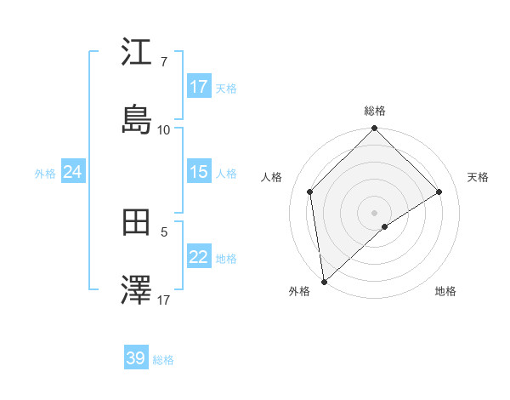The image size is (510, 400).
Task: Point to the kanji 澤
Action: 136,291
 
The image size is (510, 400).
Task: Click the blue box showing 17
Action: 199,87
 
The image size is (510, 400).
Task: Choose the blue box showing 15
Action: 199,172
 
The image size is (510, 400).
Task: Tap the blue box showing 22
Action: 199,257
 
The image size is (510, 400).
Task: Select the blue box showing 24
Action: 73,172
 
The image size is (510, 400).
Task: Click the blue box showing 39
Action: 136,358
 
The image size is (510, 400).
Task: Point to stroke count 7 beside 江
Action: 163,62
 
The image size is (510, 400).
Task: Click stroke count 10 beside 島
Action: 163,129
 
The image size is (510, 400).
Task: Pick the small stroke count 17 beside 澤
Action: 163,300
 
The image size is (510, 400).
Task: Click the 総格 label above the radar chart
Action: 375,111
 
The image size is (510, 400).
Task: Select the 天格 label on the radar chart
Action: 478,177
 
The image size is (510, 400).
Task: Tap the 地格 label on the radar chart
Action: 445,291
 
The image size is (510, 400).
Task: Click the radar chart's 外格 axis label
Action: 299,291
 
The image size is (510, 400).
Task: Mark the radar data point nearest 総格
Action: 375,129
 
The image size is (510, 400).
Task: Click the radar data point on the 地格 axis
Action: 385,226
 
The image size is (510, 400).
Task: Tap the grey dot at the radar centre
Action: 375,212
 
